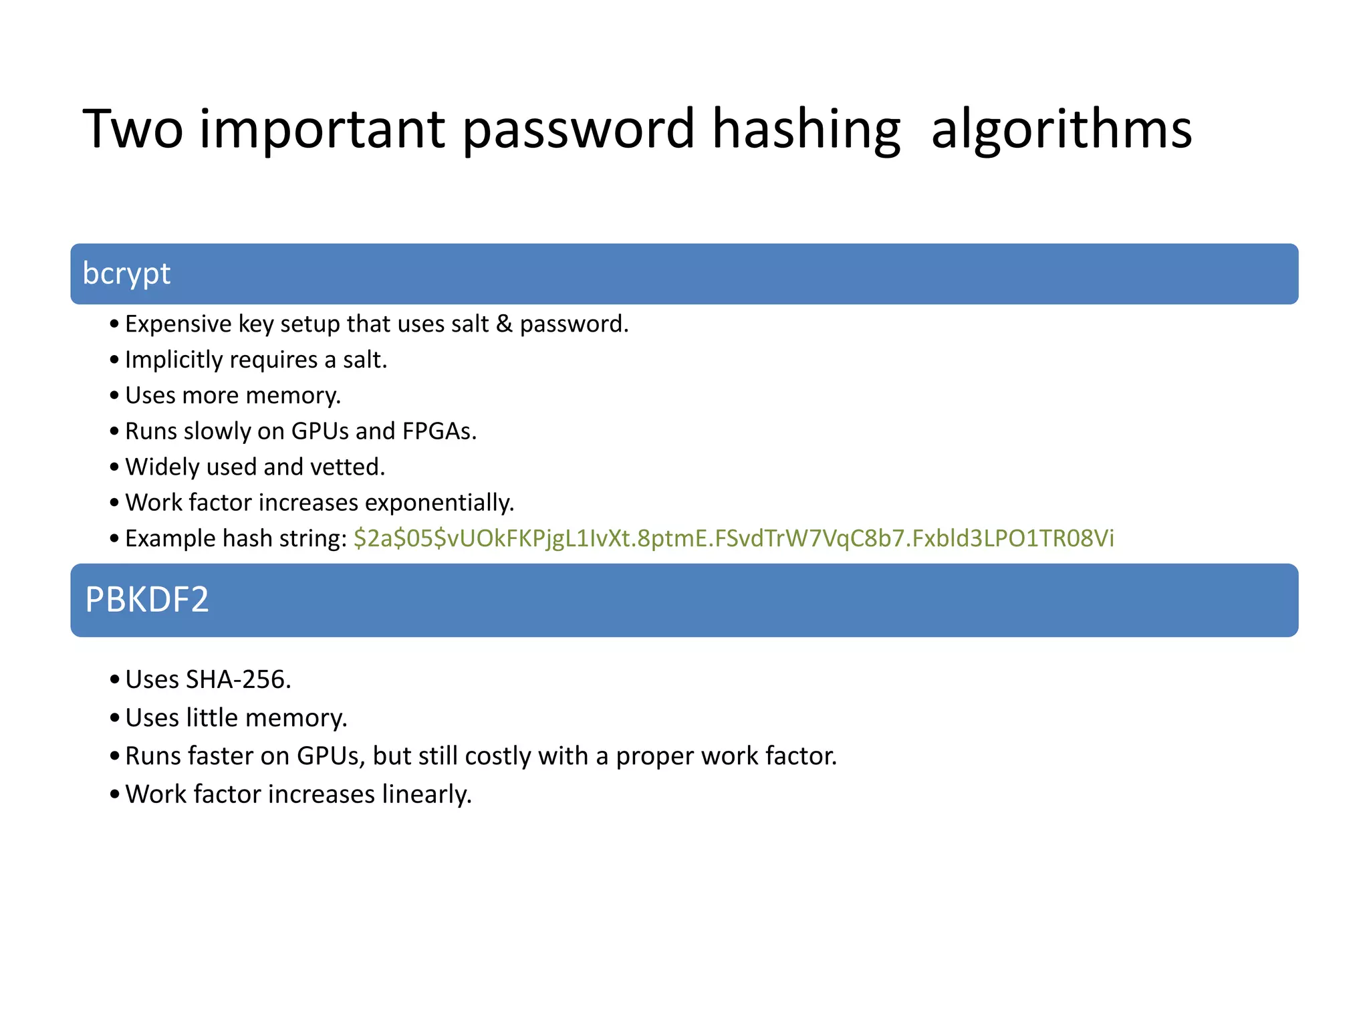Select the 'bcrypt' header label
coord(126,274)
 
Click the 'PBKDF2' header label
coord(146,600)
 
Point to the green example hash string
coord(733,538)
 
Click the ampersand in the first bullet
coord(504,324)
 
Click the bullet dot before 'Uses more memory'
coord(114,396)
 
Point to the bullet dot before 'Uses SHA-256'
coord(114,680)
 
